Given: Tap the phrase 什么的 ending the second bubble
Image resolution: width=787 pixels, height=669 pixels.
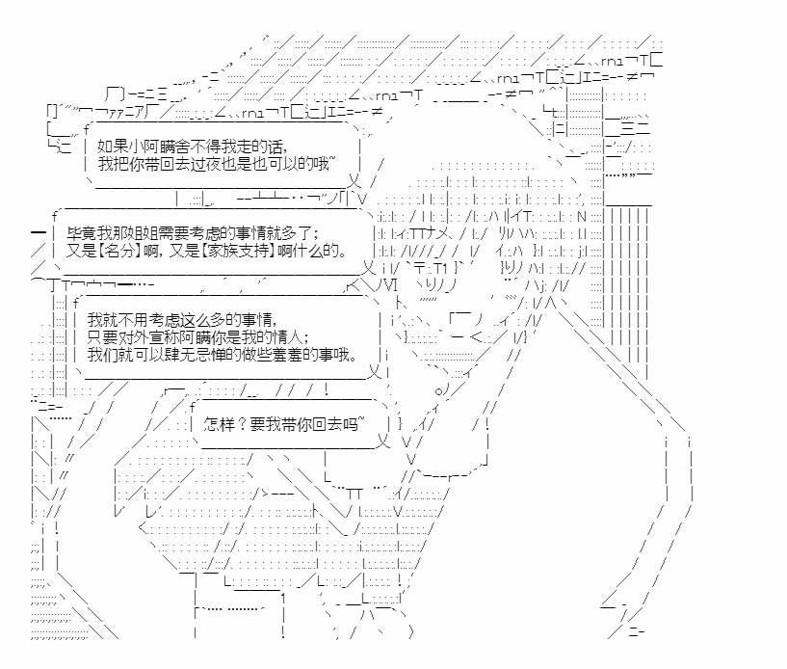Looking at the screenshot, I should (321, 251).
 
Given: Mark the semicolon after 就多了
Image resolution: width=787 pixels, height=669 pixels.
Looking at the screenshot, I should (315, 233).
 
